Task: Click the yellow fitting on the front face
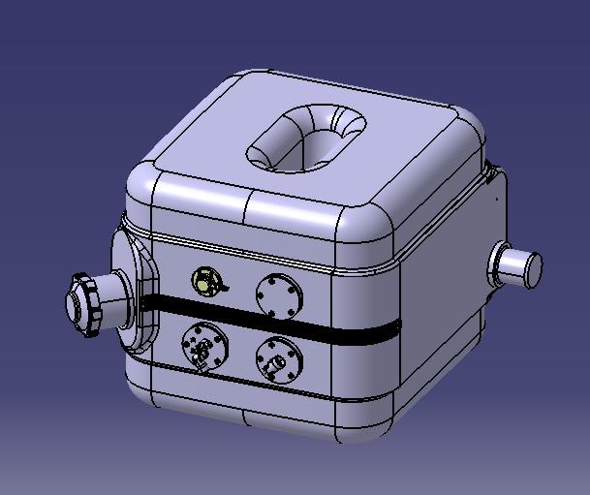[206, 282]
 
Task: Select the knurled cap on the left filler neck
[82, 303]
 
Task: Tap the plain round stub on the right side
[518, 265]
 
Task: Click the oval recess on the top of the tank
[306, 138]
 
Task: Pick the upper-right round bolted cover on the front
[279, 294]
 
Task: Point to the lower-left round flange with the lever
[204, 346]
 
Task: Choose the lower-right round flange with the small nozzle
[279, 359]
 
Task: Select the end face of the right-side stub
[532, 268]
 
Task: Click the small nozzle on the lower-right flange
[275, 363]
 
